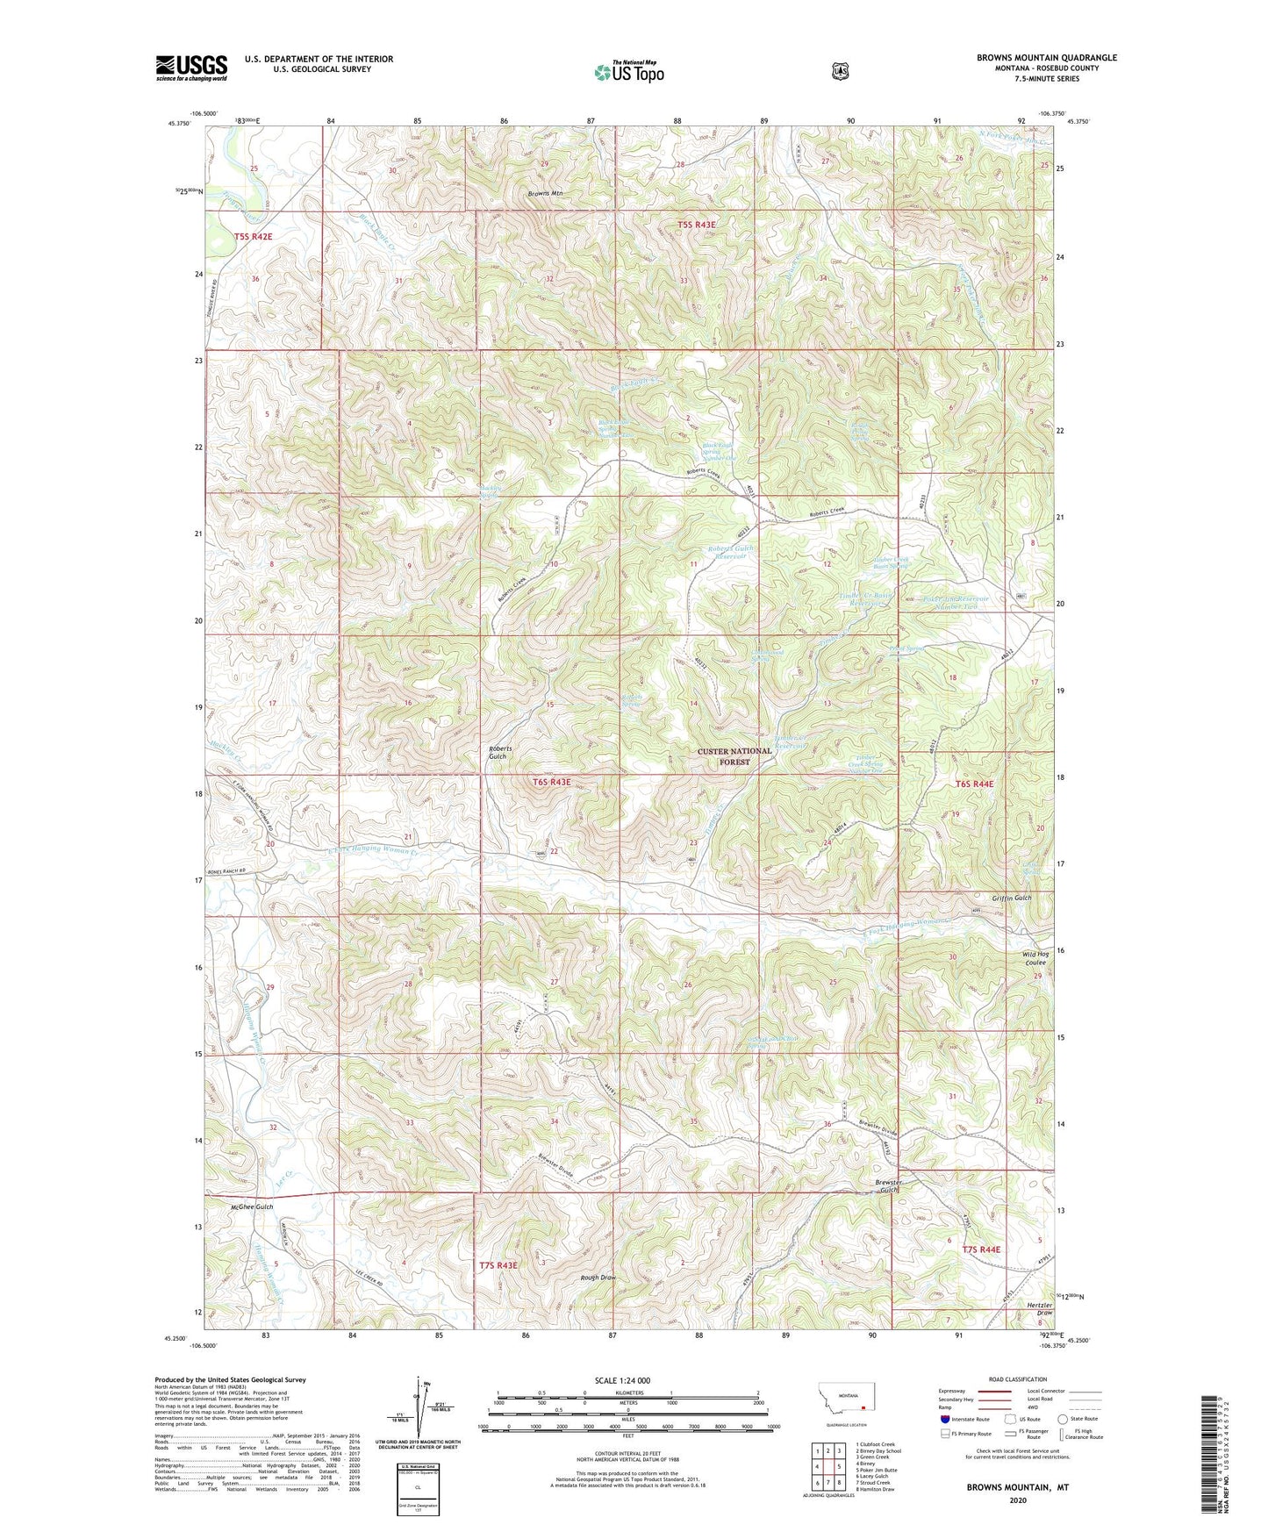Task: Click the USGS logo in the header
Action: coord(191,68)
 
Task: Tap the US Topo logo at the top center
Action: coord(627,72)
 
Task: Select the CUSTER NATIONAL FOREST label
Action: coord(734,756)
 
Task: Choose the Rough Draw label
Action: coord(598,1278)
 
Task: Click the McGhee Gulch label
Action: coord(252,1206)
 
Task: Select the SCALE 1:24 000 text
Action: coord(622,1380)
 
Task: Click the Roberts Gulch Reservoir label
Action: coord(734,552)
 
